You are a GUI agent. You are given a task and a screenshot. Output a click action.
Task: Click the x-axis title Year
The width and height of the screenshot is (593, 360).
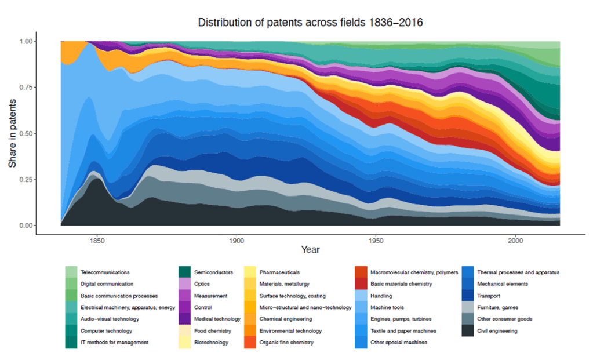(310, 250)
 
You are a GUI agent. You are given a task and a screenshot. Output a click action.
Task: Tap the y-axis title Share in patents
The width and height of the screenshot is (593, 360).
(12, 133)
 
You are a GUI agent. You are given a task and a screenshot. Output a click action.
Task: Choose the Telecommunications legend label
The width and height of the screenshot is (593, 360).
(105, 272)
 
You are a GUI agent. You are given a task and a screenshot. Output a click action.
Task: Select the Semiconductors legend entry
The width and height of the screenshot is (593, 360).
(213, 272)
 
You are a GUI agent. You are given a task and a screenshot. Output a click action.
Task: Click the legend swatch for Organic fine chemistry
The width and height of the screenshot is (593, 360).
(249, 343)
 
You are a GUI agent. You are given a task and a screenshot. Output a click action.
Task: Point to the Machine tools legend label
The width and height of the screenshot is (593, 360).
(387, 307)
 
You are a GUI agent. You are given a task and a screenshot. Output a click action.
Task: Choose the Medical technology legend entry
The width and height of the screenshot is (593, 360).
(217, 319)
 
